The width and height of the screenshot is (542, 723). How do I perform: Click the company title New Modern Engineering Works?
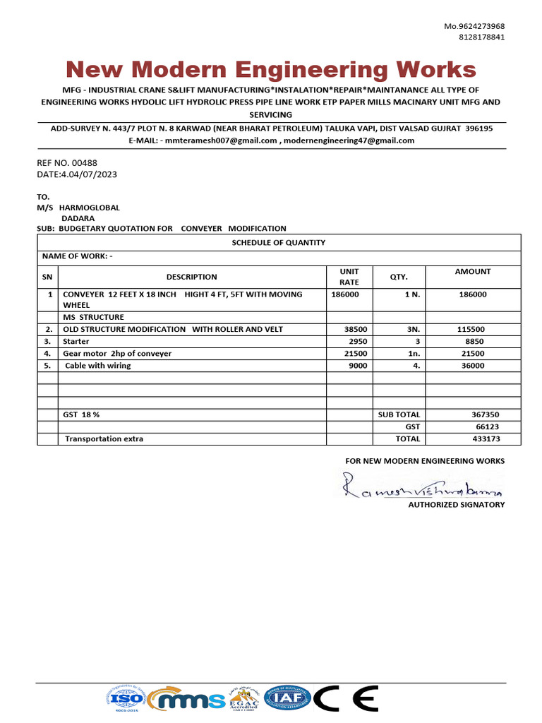point(271,70)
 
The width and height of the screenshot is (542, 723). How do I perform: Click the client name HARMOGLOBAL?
point(89,208)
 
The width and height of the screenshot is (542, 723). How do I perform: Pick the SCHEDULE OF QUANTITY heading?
point(279,242)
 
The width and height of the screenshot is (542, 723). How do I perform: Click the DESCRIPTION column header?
point(191,277)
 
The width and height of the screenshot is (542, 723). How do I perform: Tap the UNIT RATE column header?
point(349,277)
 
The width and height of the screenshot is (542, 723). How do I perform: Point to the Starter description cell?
point(76,341)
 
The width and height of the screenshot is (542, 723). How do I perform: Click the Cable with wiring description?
point(98,366)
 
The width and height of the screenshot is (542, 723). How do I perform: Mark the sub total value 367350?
point(486,414)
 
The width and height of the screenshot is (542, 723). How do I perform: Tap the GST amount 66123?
point(488,426)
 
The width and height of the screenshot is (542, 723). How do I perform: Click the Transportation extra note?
point(104,438)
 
